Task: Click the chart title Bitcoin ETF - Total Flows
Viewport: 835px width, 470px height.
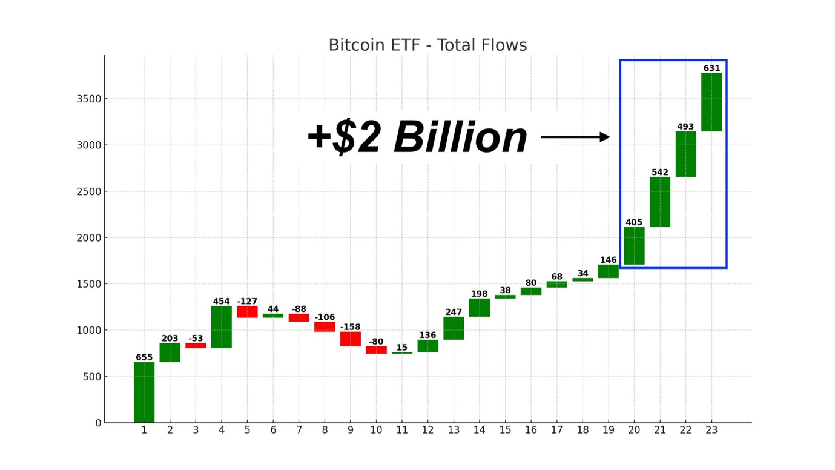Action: point(427,45)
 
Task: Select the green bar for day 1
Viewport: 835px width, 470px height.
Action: point(144,392)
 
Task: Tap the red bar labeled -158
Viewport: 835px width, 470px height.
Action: point(351,339)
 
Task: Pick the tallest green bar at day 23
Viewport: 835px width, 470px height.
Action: point(711,102)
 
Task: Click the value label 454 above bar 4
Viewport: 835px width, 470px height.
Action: point(222,301)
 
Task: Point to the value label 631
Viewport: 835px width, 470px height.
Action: point(711,68)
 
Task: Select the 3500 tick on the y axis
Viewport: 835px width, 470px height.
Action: point(88,99)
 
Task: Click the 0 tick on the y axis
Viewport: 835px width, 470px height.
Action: point(98,423)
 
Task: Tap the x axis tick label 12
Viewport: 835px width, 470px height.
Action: point(427,430)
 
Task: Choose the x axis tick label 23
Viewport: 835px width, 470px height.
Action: point(711,430)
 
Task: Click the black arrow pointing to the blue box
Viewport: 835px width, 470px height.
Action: point(575,137)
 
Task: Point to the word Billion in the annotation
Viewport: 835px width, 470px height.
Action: point(460,138)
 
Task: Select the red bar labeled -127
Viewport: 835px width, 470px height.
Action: point(247,311)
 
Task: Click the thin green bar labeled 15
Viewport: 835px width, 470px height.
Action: point(401,352)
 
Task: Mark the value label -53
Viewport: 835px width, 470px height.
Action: point(196,338)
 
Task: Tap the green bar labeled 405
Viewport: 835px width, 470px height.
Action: point(634,245)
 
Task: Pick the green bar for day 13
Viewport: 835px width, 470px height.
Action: point(454,328)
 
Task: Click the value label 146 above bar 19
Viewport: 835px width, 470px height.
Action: point(608,260)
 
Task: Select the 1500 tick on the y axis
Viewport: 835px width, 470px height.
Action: point(88,284)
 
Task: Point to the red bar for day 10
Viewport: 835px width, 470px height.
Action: point(376,349)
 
